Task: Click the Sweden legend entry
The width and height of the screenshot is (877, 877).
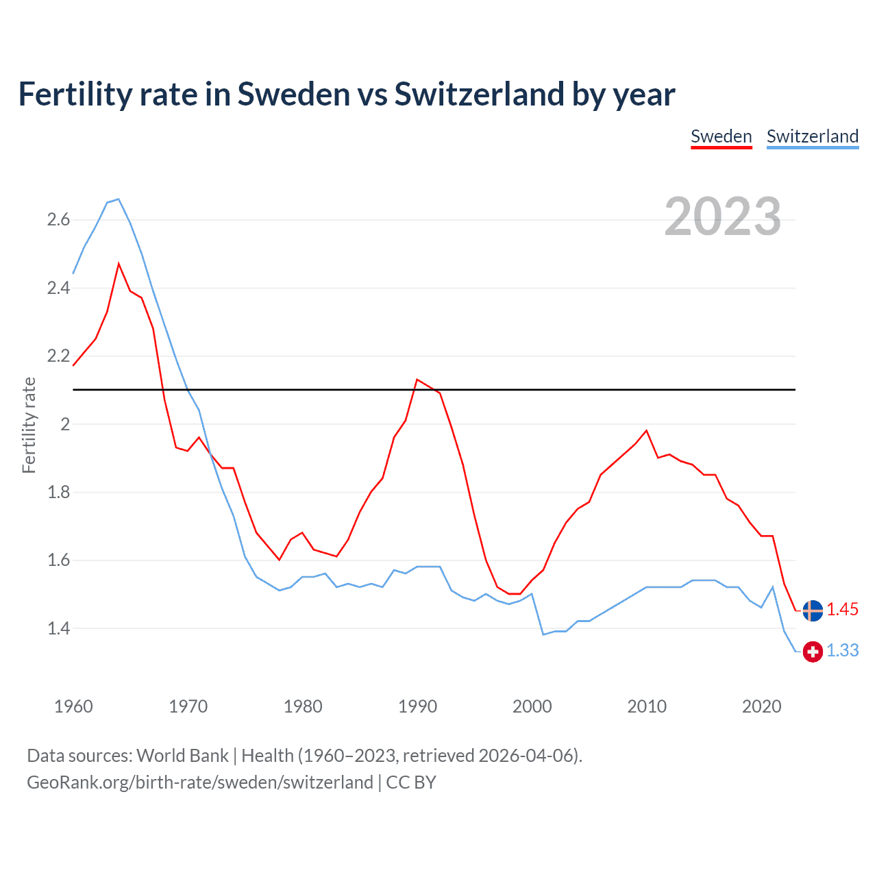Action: [721, 136]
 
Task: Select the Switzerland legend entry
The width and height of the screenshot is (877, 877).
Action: [812, 136]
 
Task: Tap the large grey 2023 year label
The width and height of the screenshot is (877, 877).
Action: [722, 217]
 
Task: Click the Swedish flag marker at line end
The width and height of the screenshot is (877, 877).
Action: [813, 610]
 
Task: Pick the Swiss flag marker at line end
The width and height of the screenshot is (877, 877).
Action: [813, 651]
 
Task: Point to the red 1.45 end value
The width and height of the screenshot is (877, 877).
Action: [842, 609]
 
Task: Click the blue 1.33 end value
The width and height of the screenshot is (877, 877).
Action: [842, 650]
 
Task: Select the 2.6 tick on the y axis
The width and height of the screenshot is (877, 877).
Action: [58, 220]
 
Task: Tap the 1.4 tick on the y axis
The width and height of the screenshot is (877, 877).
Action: [58, 628]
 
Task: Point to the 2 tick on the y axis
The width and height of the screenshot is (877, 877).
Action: [65, 424]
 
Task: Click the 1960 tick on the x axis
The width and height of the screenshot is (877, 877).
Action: [73, 706]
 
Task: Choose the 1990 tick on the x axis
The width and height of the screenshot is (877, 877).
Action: [417, 706]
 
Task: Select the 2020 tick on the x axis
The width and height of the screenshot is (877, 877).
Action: [761, 706]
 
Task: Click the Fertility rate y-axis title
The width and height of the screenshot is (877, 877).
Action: [29, 425]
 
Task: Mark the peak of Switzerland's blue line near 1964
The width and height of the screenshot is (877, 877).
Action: [119, 199]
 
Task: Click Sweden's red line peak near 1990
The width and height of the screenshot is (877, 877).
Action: [417, 379]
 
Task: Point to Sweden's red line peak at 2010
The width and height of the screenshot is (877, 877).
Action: [646, 430]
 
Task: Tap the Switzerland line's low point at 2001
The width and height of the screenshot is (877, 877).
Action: [543, 634]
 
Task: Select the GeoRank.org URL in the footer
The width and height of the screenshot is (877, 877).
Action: [199, 782]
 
